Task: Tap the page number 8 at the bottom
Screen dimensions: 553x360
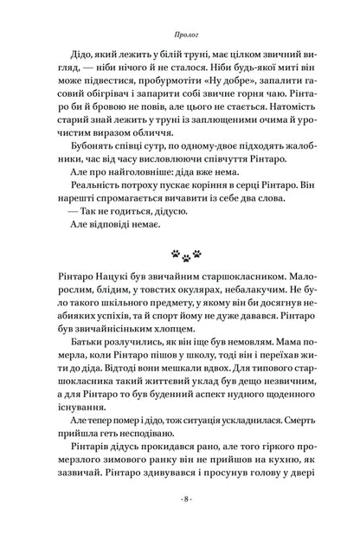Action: point(179,524)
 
